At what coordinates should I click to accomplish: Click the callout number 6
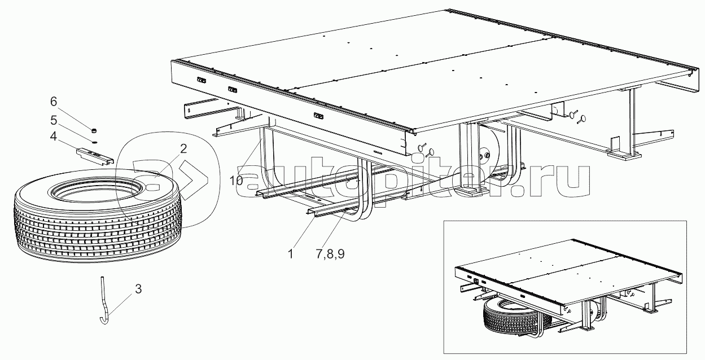click(x=54, y=102)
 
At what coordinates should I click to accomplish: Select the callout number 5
click(x=54, y=120)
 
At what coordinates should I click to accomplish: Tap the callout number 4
click(x=54, y=137)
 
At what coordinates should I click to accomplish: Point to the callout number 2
click(x=183, y=148)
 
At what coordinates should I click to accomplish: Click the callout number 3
click(x=138, y=289)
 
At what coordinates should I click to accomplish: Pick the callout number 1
click(x=291, y=254)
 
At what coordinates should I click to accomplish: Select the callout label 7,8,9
click(x=330, y=254)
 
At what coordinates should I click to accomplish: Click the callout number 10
click(x=236, y=181)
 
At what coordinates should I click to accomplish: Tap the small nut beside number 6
click(x=94, y=130)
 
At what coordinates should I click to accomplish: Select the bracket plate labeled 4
click(x=95, y=156)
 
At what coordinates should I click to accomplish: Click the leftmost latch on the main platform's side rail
click(x=202, y=80)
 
